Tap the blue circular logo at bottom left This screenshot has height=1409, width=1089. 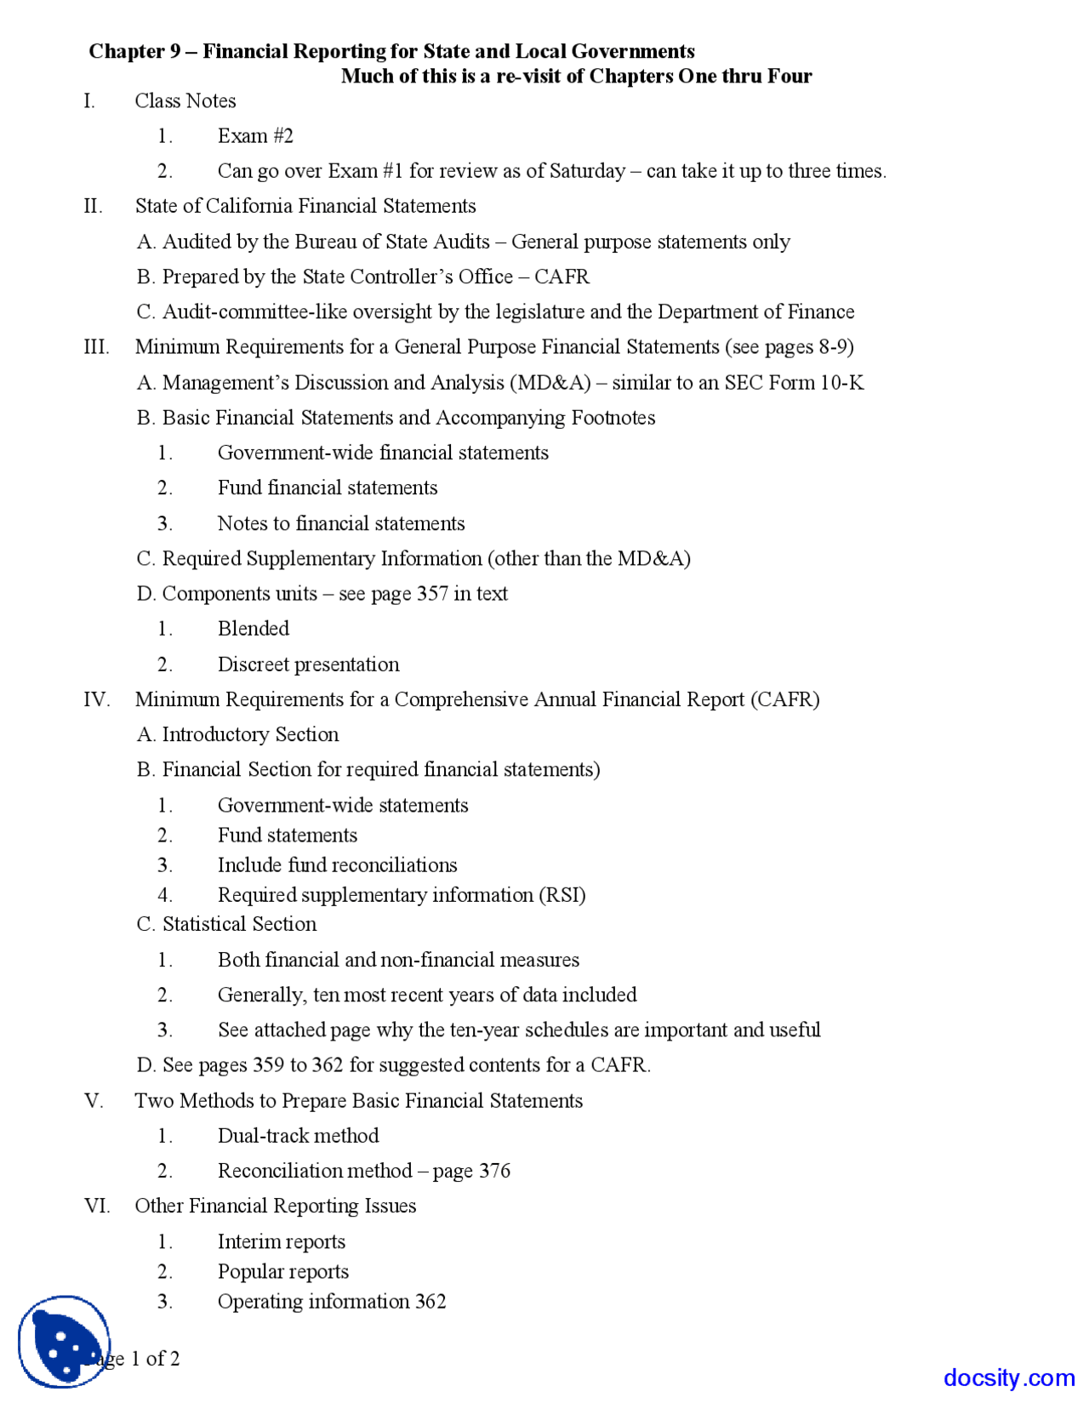[x=64, y=1341]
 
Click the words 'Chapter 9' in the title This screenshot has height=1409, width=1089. [x=134, y=52]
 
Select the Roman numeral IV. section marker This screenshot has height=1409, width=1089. [x=96, y=699]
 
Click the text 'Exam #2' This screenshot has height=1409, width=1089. [x=255, y=136]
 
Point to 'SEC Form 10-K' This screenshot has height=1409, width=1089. [x=794, y=383]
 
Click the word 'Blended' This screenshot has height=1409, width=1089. [x=253, y=629]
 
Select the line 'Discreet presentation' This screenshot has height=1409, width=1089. [x=308, y=665]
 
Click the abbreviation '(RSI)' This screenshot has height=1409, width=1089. [x=562, y=895]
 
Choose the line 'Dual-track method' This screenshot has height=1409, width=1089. [x=298, y=1136]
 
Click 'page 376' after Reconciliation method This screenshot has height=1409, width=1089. [x=471, y=1172]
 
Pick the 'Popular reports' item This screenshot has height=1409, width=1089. [x=282, y=1272]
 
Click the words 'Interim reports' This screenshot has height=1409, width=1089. [x=281, y=1242]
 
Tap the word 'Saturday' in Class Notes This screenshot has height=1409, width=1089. [x=587, y=171]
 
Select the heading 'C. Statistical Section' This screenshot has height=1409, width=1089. [x=226, y=924]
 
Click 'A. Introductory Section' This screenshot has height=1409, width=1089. [x=237, y=734]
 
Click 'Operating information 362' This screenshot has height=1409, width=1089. [x=331, y=1302]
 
